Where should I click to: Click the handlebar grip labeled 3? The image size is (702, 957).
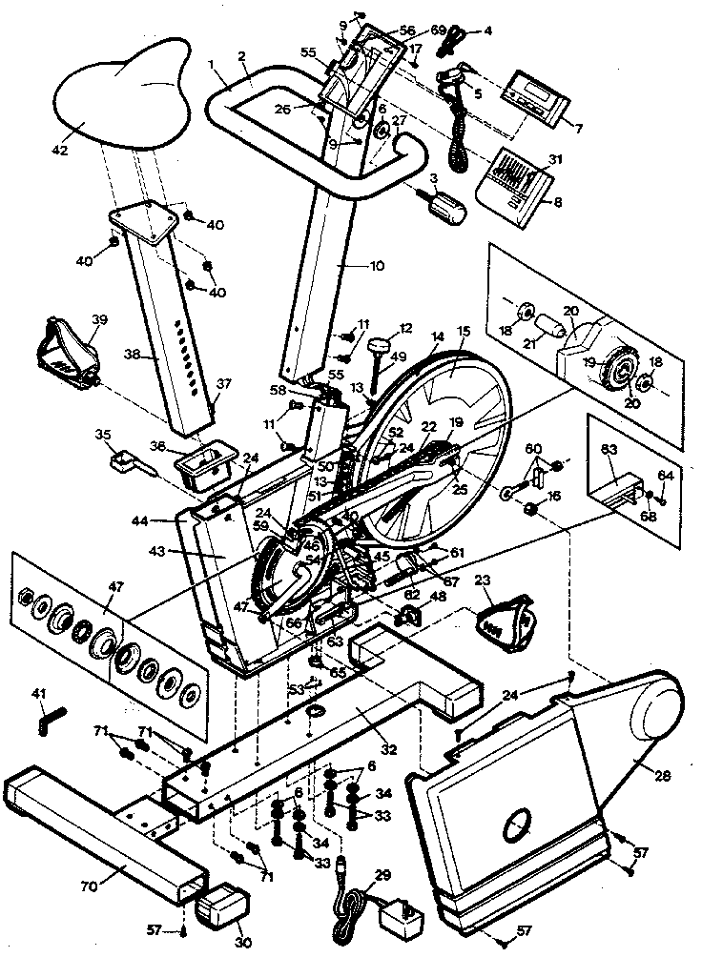pyautogui.click(x=446, y=206)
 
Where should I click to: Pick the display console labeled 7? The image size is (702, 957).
pyautogui.click(x=539, y=96)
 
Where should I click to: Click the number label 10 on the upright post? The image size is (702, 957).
pyautogui.click(x=378, y=266)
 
